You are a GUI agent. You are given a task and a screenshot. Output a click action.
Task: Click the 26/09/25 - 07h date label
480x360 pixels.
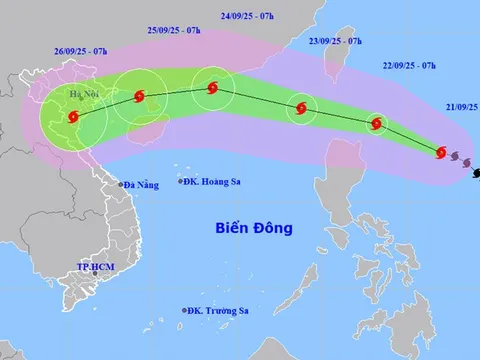pyautogui.click(x=77, y=51)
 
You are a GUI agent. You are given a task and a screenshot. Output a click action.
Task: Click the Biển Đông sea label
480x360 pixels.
pyautogui.click(x=254, y=228)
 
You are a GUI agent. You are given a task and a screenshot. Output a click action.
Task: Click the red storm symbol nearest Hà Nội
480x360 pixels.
pyautogui.click(x=73, y=117)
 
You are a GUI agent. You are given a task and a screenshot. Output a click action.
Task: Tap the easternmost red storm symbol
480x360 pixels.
pyautogui.click(x=441, y=152)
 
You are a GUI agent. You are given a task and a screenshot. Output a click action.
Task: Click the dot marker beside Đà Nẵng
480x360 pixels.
pyautogui.click(x=119, y=185)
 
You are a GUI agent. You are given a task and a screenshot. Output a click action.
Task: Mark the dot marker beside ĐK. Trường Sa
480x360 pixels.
pyautogui.click(x=185, y=312)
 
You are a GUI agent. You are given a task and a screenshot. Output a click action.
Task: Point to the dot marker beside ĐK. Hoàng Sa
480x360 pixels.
pyautogui.click(x=181, y=181)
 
